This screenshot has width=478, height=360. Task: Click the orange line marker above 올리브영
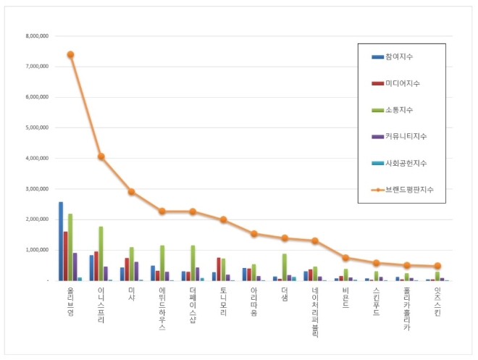pyautogui.click(x=70, y=54)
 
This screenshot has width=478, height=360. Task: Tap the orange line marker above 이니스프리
pyautogui.click(x=101, y=156)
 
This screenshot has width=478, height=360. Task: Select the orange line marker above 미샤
pyautogui.click(x=132, y=192)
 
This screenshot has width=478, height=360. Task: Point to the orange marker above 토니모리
pyautogui.click(x=224, y=219)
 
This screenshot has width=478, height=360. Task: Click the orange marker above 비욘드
pyautogui.click(x=346, y=258)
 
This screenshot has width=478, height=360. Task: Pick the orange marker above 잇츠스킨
pyautogui.click(x=437, y=266)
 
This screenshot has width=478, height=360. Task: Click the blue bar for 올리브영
pyautogui.click(x=61, y=241)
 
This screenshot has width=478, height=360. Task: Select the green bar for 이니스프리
pyautogui.click(x=101, y=254)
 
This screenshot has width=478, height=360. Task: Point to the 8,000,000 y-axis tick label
pyautogui.click(x=37, y=35)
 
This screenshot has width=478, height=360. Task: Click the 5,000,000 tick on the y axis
pyautogui.click(x=37, y=127)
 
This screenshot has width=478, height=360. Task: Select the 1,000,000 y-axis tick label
pyautogui.click(x=37, y=250)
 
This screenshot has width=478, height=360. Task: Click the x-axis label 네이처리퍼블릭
pyautogui.click(x=315, y=311)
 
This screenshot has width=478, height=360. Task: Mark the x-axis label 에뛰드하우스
pyautogui.click(x=162, y=308)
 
